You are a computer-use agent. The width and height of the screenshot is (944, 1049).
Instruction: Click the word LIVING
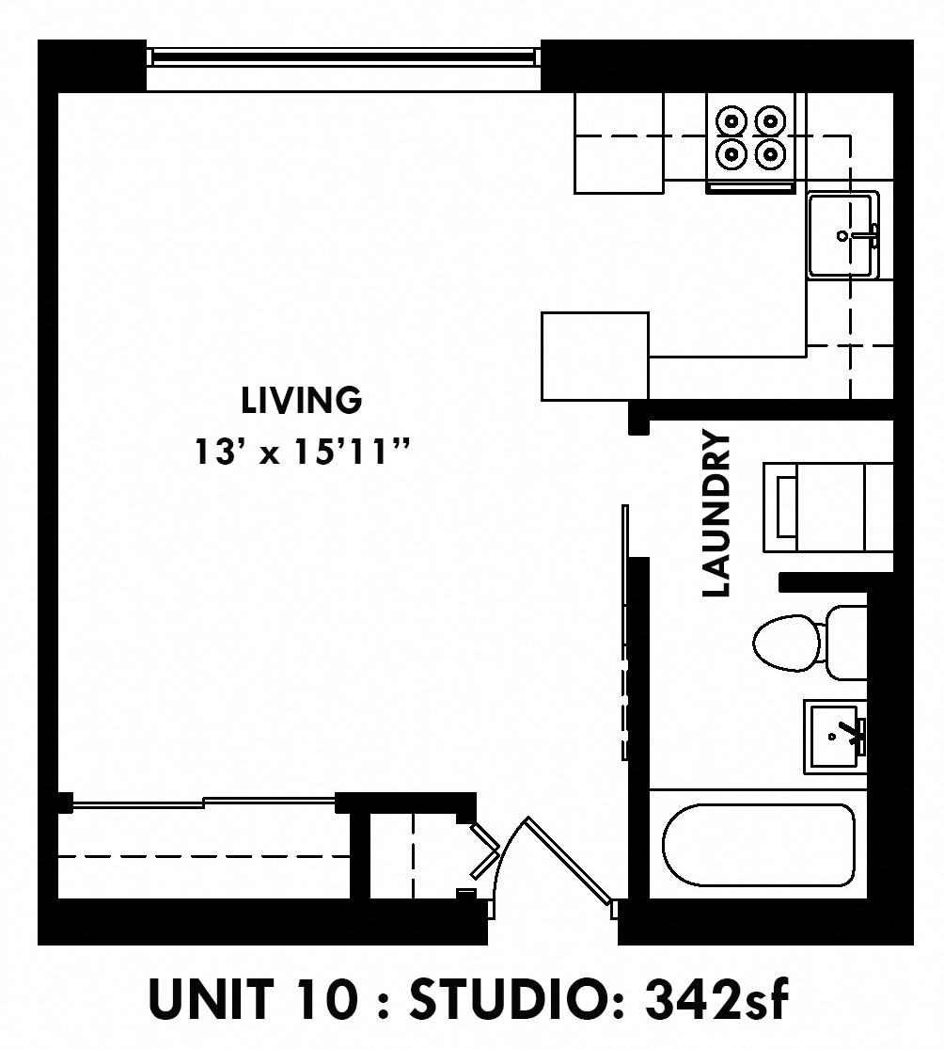[301, 401]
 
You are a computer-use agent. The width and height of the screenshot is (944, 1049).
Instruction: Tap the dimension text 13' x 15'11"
[303, 453]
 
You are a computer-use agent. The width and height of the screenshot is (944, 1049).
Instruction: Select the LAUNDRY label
[717, 514]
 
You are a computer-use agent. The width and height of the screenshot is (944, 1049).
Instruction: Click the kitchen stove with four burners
[750, 141]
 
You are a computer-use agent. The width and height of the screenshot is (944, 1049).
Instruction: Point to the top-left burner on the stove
[732, 120]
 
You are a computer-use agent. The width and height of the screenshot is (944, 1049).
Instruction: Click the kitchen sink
[842, 234]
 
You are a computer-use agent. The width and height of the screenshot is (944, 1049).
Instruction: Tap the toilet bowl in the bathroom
[786, 644]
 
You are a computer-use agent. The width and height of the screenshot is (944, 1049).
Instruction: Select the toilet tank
[846, 643]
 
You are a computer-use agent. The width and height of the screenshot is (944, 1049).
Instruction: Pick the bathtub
[758, 844]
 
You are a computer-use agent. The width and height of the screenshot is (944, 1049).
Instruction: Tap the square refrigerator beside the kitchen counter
[595, 356]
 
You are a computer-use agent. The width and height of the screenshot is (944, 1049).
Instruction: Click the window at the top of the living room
[343, 57]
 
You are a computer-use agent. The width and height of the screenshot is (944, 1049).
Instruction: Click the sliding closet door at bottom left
[202, 803]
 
